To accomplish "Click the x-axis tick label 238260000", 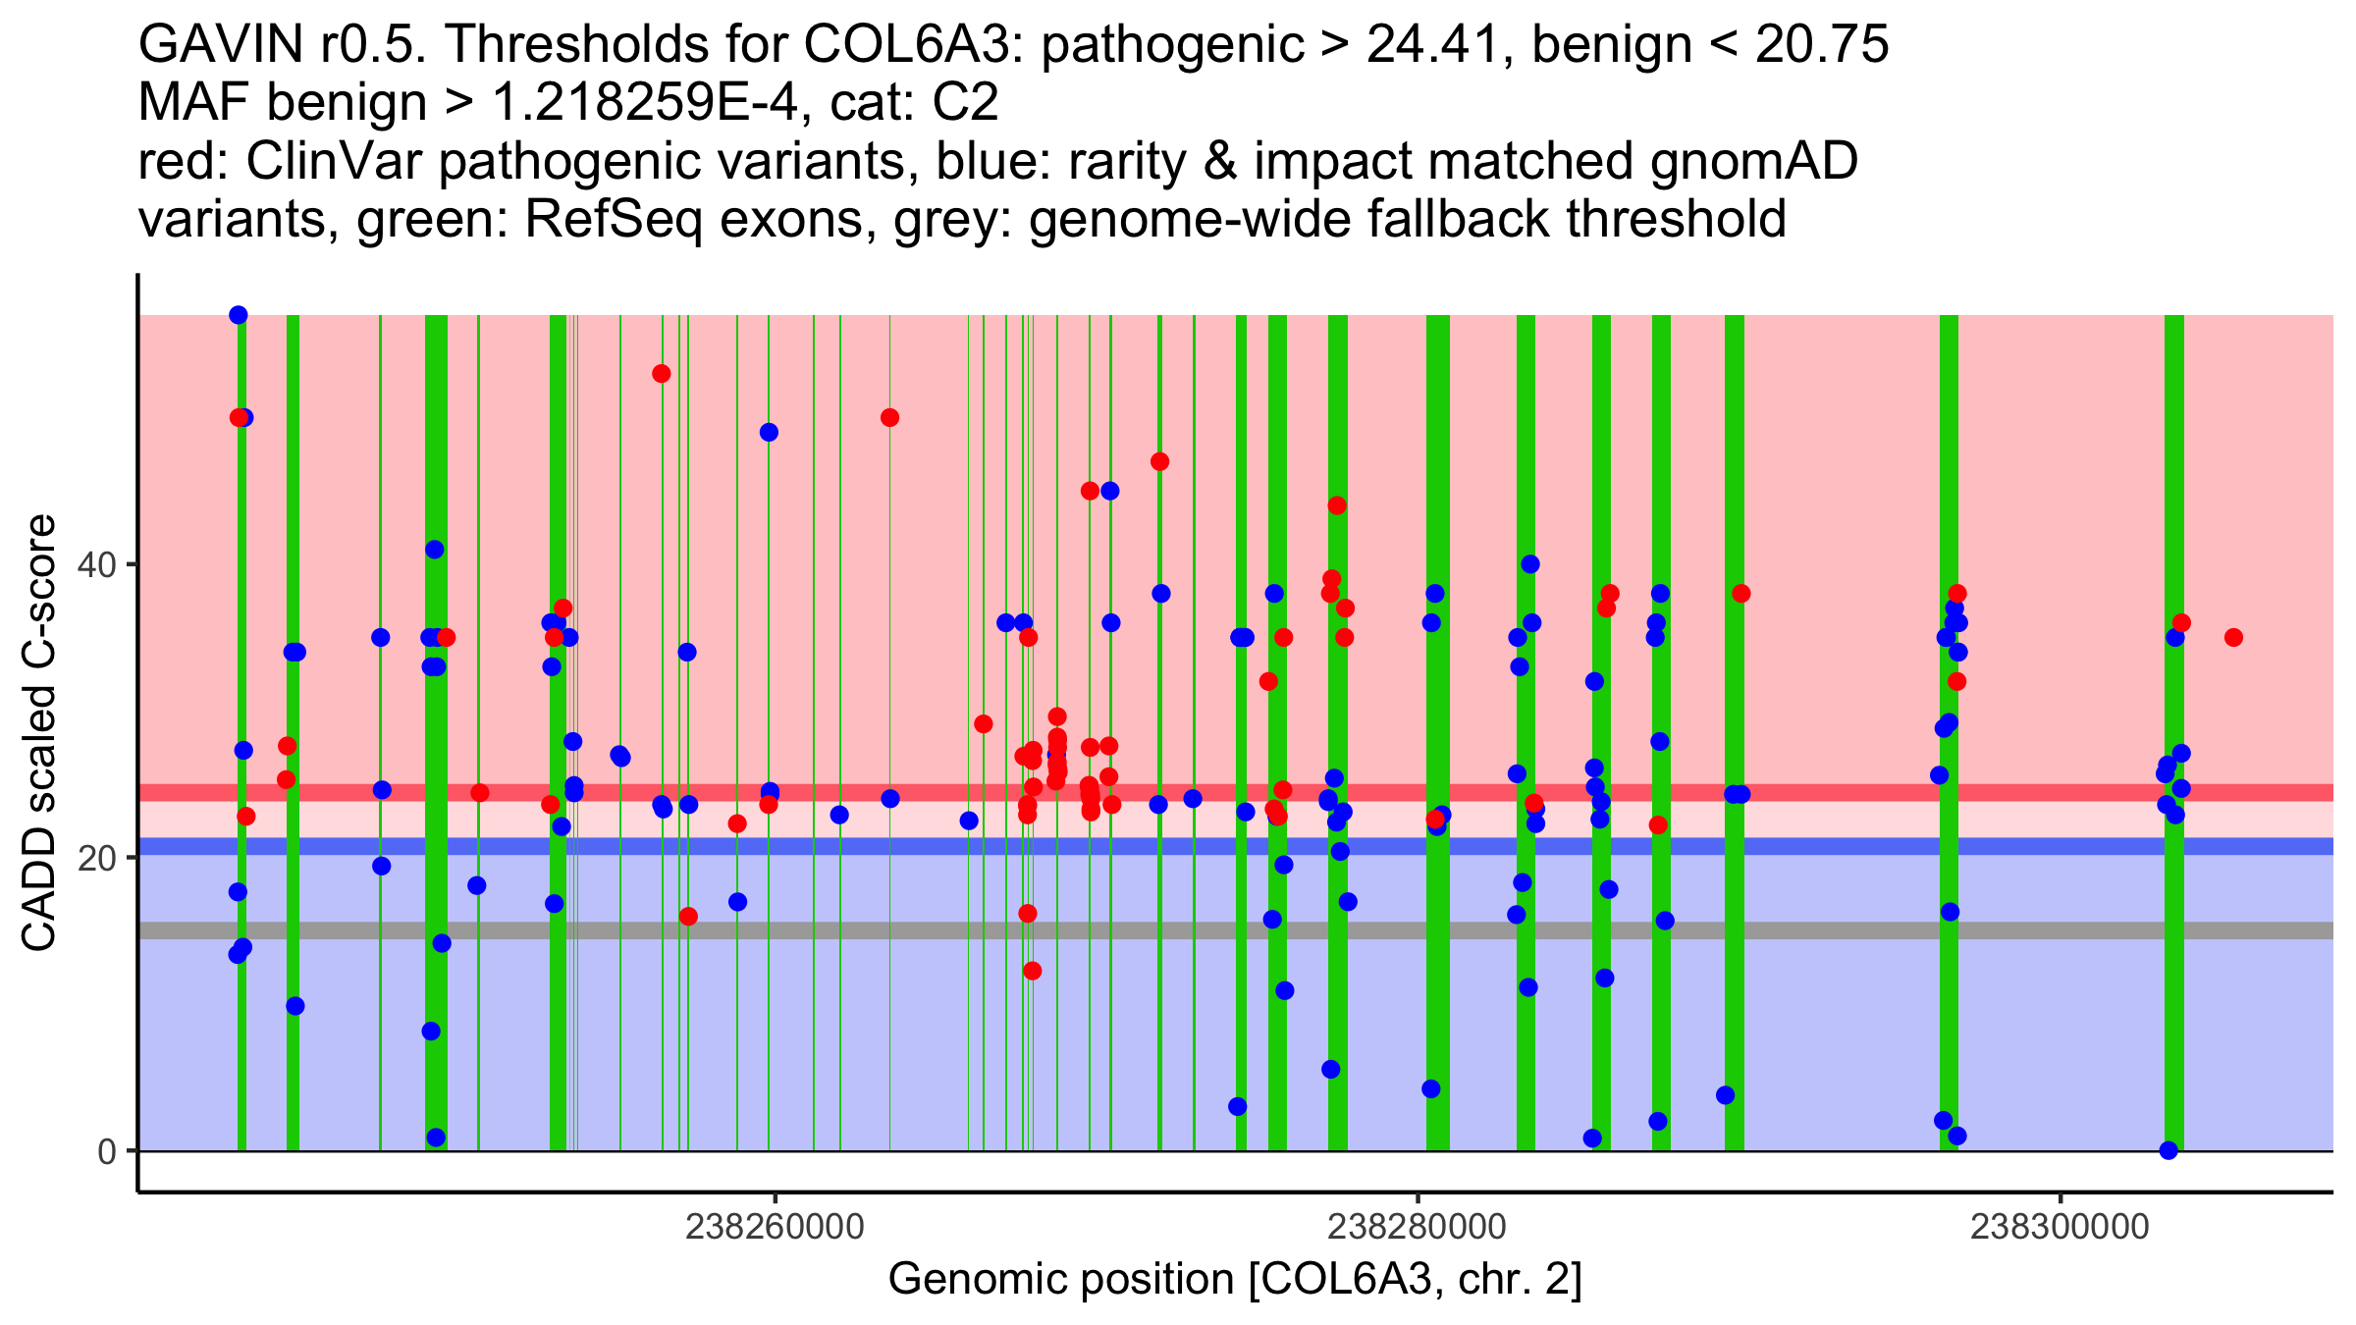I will click(x=775, y=1227).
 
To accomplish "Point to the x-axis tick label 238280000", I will click(x=1417, y=1227).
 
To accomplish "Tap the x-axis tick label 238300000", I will click(x=2060, y=1227).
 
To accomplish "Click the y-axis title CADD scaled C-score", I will click(x=39, y=733).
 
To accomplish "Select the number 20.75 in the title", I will click(x=1822, y=45).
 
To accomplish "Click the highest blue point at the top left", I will click(x=239, y=315).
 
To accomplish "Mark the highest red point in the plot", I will click(x=662, y=374).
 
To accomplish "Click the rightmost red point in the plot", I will click(x=2233, y=638).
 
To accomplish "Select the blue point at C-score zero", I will click(x=2169, y=1150).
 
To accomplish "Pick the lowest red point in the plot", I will click(x=1032, y=971).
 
